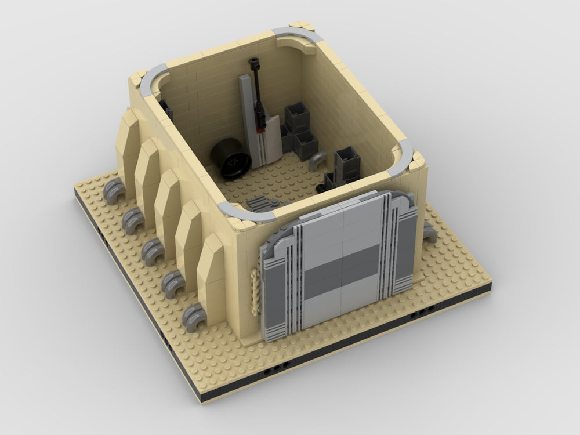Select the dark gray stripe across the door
(342, 266)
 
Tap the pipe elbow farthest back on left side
(113, 190)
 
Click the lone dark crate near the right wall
(347, 162)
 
